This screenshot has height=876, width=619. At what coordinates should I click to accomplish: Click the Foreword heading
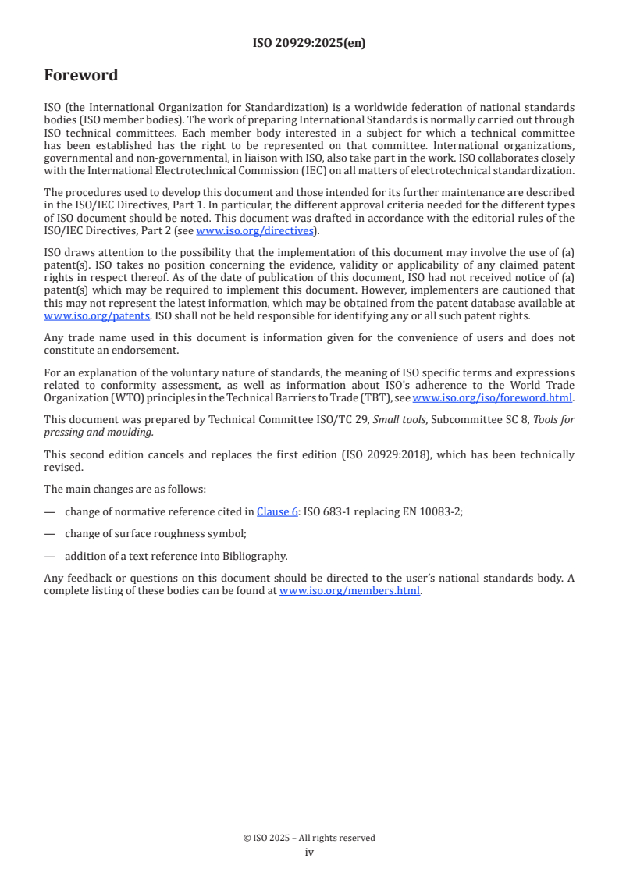click(x=81, y=76)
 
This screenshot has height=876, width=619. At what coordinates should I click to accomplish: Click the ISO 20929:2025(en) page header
click(x=309, y=44)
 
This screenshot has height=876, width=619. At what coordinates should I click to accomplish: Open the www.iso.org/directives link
click(x=254, y=230)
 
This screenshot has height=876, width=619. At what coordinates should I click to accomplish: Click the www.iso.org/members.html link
click(x=350, y=591)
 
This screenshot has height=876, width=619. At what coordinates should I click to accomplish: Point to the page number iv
click(x=309, y=853)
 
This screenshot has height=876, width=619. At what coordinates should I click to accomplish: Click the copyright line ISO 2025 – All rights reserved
click(x=309, y=838)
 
